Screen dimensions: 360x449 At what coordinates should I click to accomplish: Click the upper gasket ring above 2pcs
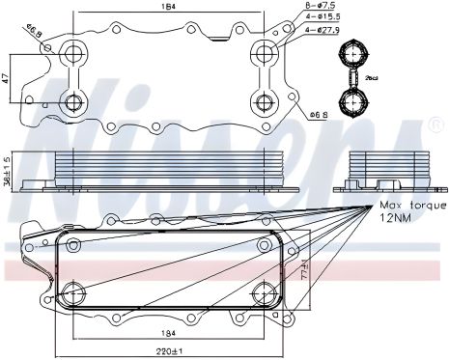pos(351,51)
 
